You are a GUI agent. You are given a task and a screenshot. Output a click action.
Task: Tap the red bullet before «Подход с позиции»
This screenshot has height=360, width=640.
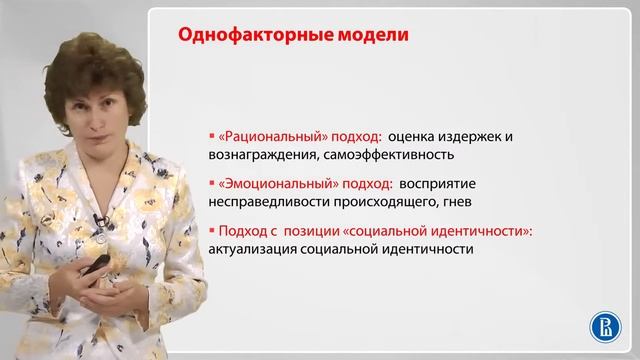pos(212,231)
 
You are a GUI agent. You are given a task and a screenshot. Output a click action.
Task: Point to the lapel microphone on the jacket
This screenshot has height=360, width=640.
pos(97,219)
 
